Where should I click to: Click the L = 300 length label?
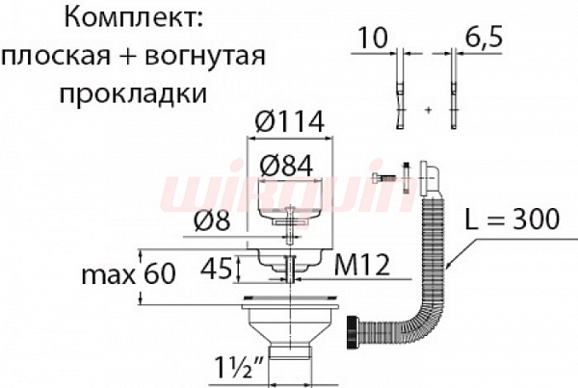511,220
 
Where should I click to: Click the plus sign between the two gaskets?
427,112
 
